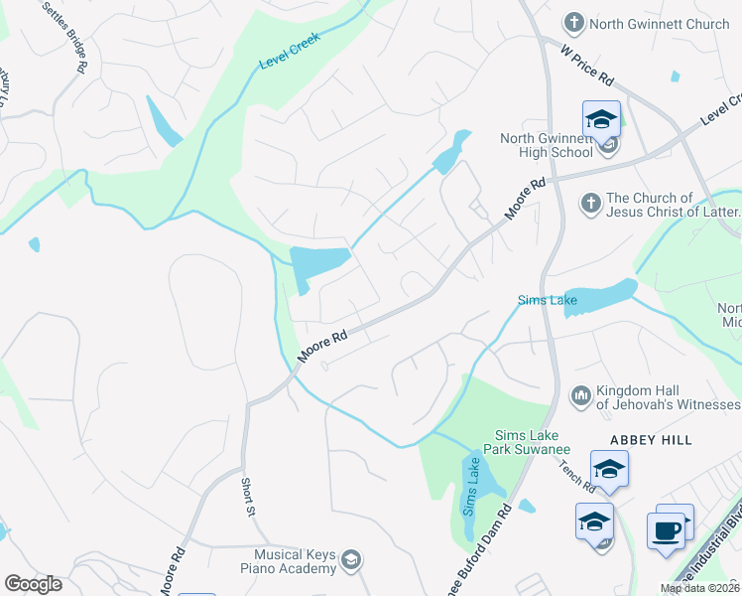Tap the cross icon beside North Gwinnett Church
572,22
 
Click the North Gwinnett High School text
546,145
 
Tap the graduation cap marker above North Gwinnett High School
601,121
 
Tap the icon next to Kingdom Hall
580,396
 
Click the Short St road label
247,497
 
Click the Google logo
34,584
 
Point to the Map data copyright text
699,588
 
